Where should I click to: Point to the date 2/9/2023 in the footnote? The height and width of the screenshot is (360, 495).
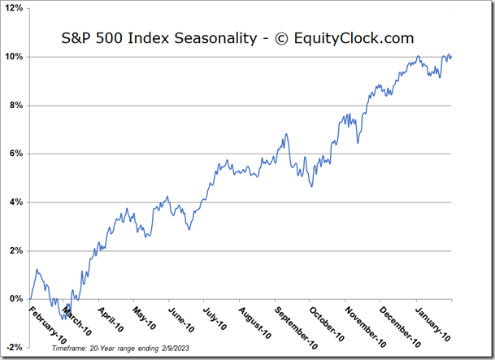[178, 347]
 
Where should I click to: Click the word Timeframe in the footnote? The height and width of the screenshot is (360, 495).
[69, 347]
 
